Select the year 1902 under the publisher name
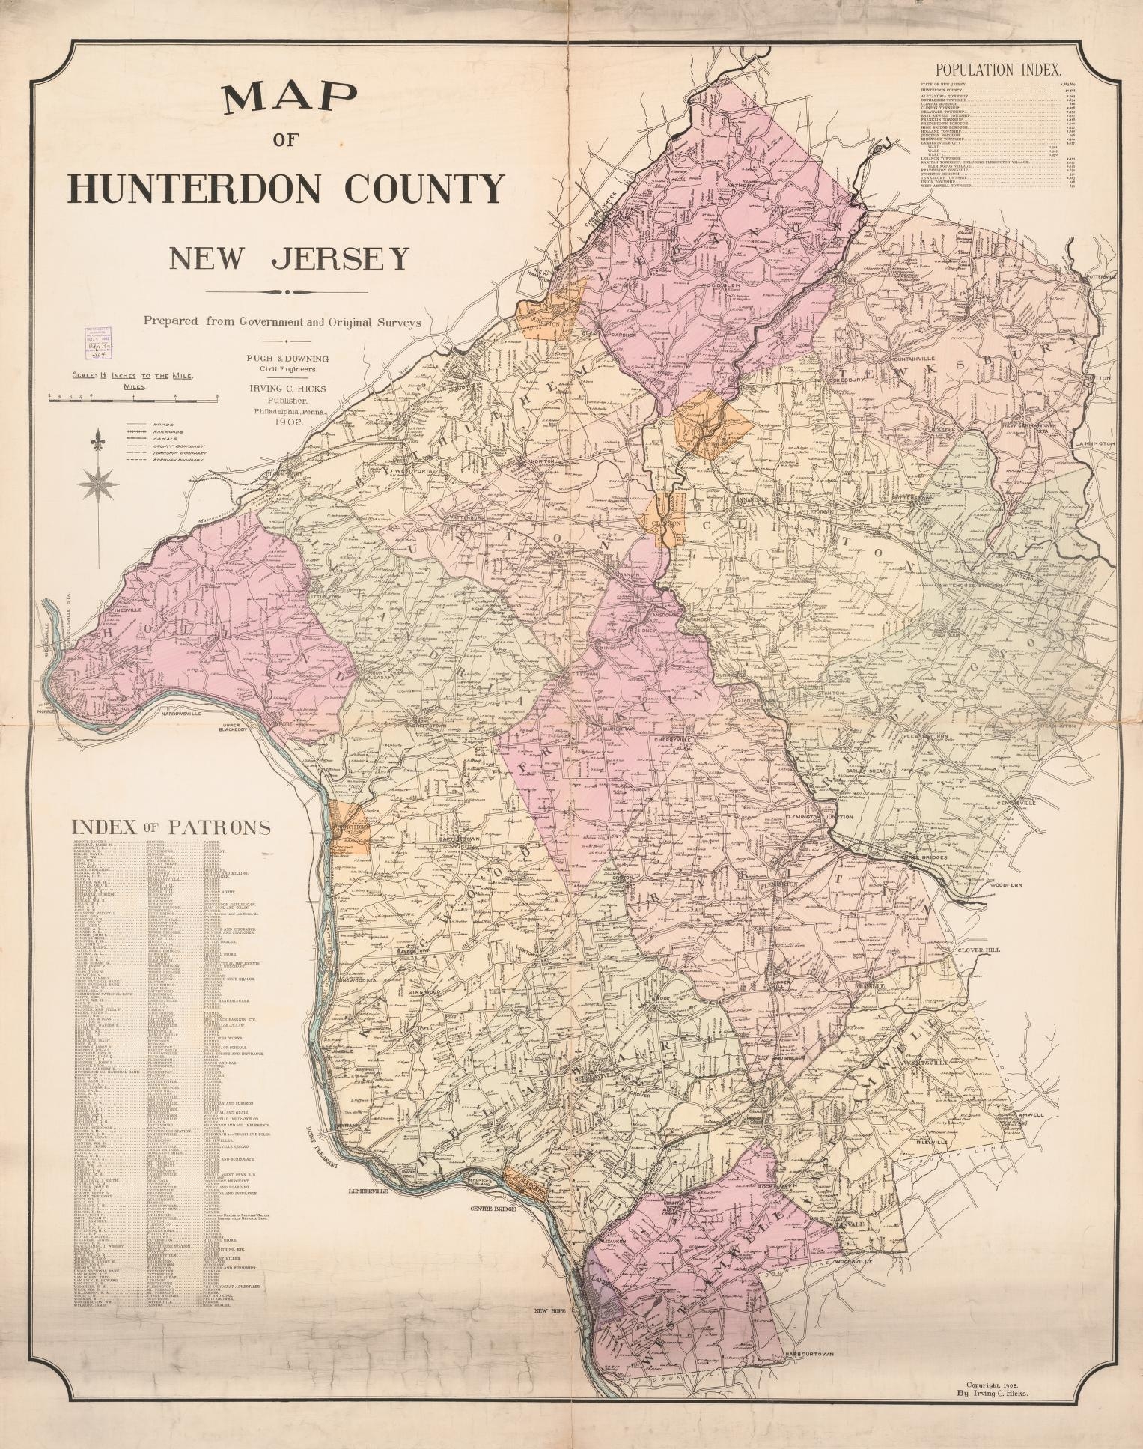click(288, 422)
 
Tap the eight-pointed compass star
click(98, 483)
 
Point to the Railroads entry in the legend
click(168, 432)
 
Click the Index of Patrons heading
click(171, 827)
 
